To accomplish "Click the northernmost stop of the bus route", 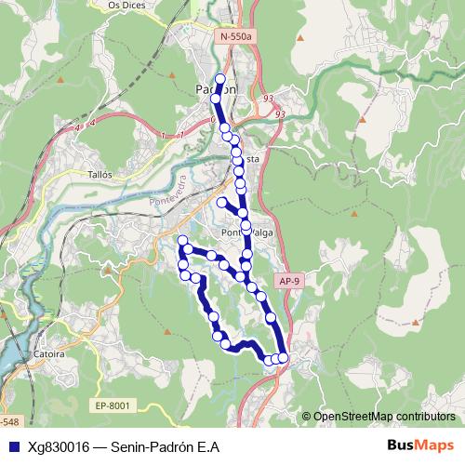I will point(220,79).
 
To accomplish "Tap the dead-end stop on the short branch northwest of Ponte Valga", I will point(221,202).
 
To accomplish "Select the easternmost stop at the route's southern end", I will point(284,358).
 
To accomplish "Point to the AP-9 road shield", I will point(289,280).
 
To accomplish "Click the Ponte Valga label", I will point(243,233).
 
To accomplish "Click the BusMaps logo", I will point(421,445).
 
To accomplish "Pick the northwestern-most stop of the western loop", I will point(183,242).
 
